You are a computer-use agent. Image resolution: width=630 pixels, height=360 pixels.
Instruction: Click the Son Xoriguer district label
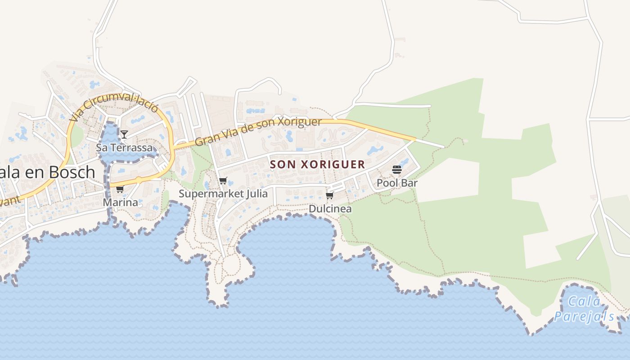click(x=317, y=164)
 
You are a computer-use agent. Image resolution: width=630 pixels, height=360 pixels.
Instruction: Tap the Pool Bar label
click(x=397, y=183)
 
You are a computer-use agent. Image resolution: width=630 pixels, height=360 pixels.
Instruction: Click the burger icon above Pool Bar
click(x=396, y=170)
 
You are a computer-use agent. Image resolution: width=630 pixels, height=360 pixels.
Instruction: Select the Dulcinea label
click(x=330, y=209)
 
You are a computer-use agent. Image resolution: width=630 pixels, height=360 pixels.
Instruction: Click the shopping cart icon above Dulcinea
click(x=330, y=195)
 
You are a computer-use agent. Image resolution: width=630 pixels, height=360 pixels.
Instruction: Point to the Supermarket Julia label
click(x=223, y=194)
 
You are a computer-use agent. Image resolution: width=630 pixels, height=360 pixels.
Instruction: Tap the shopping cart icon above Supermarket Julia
click(x=223, y=181)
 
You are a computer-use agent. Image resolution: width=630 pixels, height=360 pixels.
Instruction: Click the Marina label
click(x=120, y=202)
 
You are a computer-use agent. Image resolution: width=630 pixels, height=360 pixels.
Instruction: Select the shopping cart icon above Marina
click(x=120, y=189)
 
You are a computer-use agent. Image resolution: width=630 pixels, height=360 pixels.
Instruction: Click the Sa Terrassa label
click(x=124, y=148)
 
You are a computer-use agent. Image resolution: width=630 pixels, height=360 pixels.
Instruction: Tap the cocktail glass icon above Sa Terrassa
click(x=124, y=134)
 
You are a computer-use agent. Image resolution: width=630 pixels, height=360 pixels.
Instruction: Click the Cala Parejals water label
click(x=584, y=309)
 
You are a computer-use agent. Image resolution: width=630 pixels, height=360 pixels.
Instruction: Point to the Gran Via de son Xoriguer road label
click(x=258, y=131)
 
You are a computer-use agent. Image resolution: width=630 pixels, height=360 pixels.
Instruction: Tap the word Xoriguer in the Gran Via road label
click(x=299, y=123)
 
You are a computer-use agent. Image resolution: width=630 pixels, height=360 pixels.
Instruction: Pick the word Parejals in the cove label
click(x=584, y=316)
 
